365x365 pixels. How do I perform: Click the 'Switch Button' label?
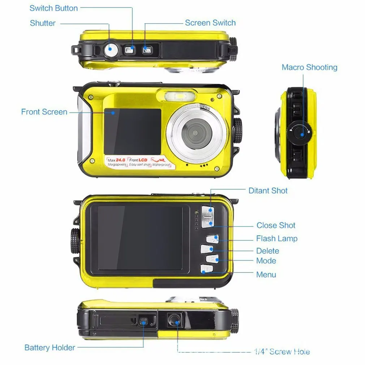click(x=53, y=8)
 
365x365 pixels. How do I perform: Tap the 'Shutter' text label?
click(x=43, y=23)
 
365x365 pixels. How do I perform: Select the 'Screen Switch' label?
click(x=210, y=23)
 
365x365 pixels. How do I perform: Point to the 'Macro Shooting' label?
click(x=309, y=67)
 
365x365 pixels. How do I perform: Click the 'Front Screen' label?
click(x=44, y=112)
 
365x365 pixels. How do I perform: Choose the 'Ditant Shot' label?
click(x=268, y=191)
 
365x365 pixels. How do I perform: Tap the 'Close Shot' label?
click(x=276, y=226)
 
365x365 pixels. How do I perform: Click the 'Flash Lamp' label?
click(x=276, y=239)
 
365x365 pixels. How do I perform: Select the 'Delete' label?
click(x=267, y=251)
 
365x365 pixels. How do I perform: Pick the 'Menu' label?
click(x=266, y=275)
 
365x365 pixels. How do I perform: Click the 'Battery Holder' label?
click(x=50, y=348)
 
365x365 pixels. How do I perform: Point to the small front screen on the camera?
click(x=132, y=131)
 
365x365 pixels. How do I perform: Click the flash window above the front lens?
click(x=175, y=96)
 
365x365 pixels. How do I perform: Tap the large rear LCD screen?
click(x=140, y=238)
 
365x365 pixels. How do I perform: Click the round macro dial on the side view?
click(x=299, y=133)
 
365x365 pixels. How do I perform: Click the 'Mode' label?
click(x=266, y=261)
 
